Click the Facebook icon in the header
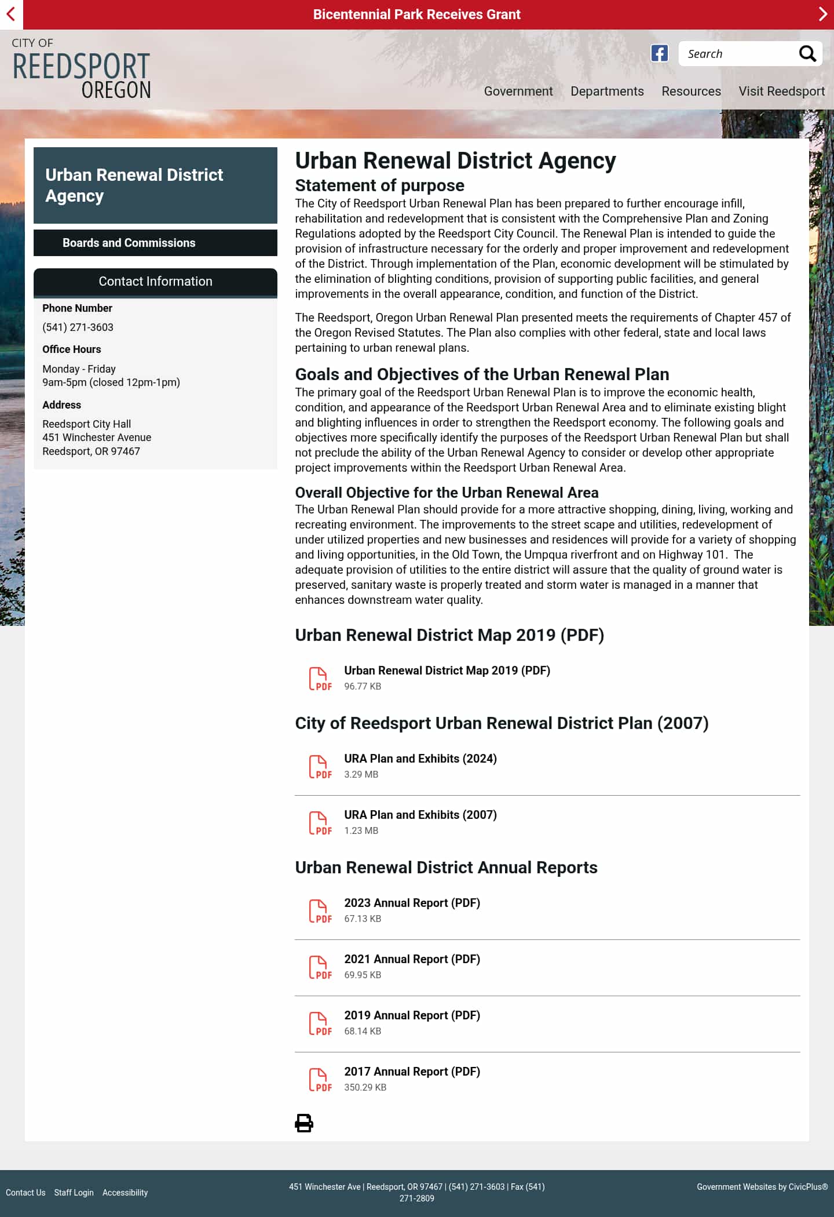point(659,53)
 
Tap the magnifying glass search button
point(807,54)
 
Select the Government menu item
point(518,92)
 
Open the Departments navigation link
point(607,92)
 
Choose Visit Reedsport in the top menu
point(781,92)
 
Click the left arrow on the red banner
point(11,14)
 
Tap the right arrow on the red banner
point(822,14)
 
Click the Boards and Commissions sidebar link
point(129,243)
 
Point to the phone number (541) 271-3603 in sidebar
point(78,327)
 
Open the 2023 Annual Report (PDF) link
point(412,903)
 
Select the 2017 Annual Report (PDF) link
point(412,1072)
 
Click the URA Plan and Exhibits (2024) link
point(420,759)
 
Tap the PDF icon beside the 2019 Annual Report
point(320,1024)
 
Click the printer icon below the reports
point(304,1123)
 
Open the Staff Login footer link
point(74,1193)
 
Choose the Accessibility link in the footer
point(125,1193)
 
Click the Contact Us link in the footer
point(25,1193)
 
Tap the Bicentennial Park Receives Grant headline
point(416,14)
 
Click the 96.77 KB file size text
point(363,687)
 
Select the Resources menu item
point(691,92)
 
